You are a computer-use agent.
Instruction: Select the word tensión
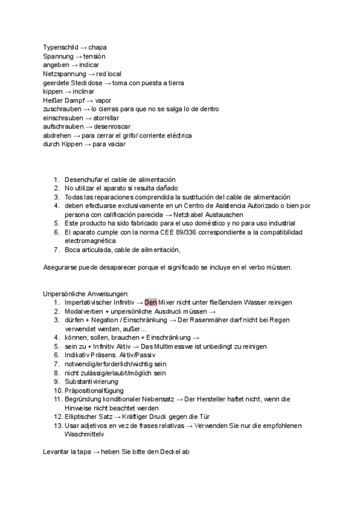94,56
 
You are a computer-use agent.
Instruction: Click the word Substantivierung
91,381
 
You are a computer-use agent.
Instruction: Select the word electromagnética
92,241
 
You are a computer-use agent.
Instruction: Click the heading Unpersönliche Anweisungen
85,294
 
